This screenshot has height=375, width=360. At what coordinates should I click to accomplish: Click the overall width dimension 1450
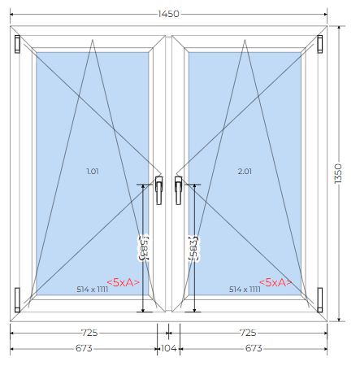pos(168,14)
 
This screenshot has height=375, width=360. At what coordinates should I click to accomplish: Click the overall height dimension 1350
pos(338,173)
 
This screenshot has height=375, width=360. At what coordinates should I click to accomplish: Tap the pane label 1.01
pos(93,172)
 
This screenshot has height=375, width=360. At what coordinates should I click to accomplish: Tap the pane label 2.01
pos(245,172)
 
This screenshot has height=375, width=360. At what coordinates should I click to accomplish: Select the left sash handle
pos(159,190)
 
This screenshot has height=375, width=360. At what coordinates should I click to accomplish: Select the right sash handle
pos(178,190)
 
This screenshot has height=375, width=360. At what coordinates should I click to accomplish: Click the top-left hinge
pos(17,44)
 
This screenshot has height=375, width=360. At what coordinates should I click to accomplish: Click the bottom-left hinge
pos(17,300)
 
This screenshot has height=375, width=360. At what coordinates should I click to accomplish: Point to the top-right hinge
pos(320,44)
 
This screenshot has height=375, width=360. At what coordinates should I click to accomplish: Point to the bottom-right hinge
pos(320,300)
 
